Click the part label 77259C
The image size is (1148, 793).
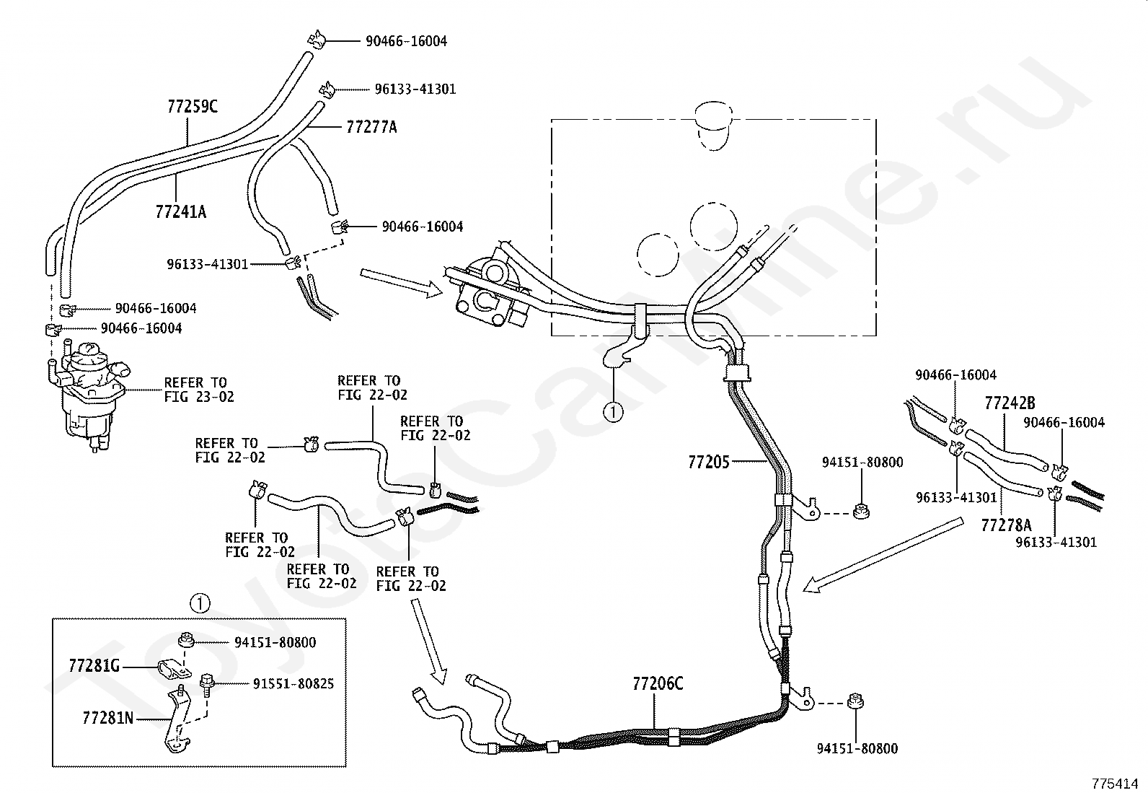click(x=193, y=106)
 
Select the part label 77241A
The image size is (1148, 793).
click(x=180, y=211)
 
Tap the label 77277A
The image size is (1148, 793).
click(x=371, y=127)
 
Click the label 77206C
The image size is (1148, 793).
click(x=658, y=683)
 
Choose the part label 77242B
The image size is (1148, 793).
click(x=1010, y=403)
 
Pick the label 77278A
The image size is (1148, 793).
click(x=1006, y=525)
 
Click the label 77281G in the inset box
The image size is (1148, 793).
click(x=94, y=666)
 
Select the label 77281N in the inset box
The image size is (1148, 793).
click(x=107, y=718)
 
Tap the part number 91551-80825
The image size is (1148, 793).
click(x=293, y=684)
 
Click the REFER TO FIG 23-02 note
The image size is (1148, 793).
click(x=199, y=390)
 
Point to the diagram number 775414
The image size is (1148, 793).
click(x=1114, y=783)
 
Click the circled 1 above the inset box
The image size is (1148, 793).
click(x=200, y=603)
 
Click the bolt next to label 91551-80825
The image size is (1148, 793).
click(x=207, y=684)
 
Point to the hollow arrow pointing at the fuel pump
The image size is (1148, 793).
click(x=401, y=284)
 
